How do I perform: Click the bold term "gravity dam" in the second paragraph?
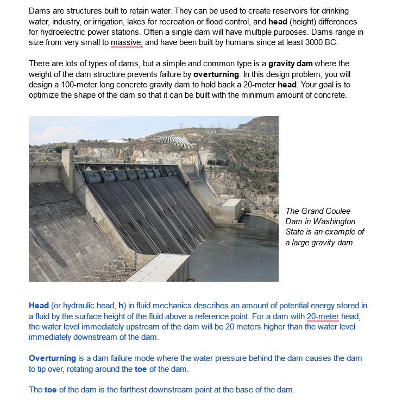pos(291,64)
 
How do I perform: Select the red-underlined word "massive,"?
pos(127,42)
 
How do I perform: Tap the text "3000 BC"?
pos(323,42)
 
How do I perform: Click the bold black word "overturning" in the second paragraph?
pos(216,74)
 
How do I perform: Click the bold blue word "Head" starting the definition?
pos(39,306)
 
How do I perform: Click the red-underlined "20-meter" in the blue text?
pos(323,316)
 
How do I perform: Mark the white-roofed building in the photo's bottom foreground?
pos(158,268)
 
